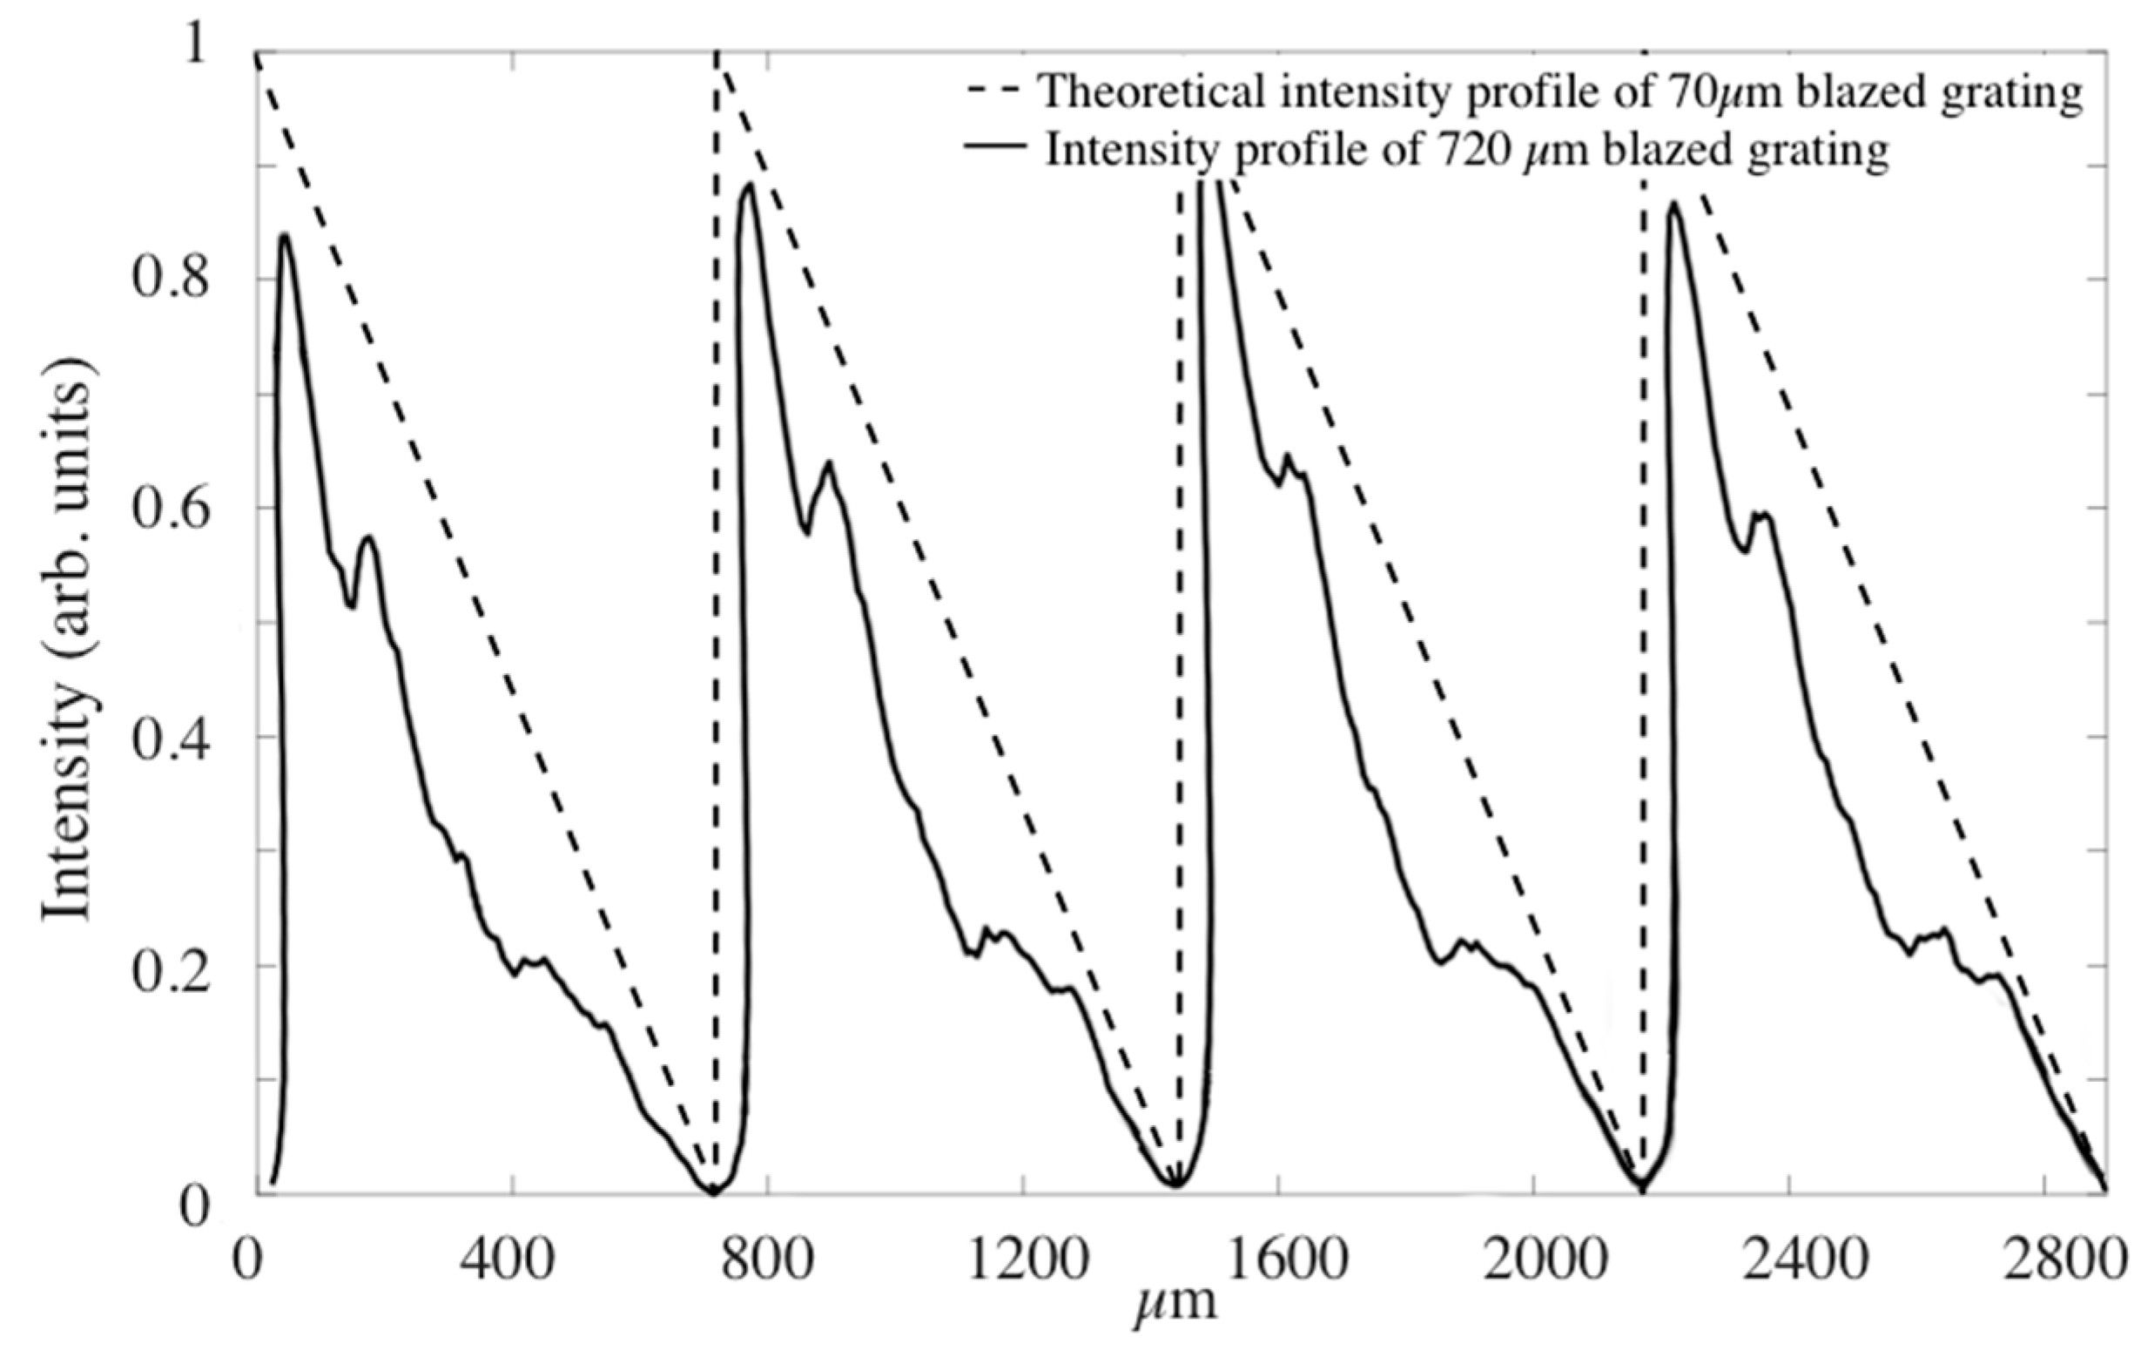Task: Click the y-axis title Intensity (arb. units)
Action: click(69, 640)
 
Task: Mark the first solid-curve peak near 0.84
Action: click(285, 236)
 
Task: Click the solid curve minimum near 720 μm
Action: click(712, 1192)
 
